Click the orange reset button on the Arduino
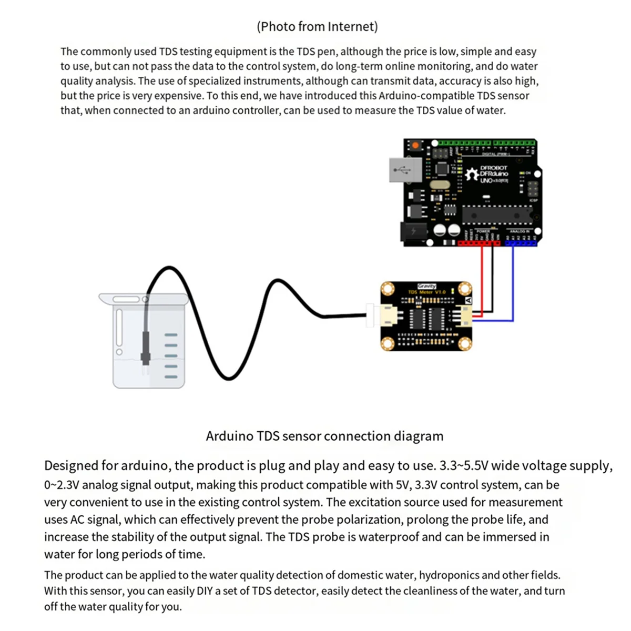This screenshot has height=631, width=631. [415, 145]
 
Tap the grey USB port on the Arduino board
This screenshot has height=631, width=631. [405, 170]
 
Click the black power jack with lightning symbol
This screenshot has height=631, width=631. [413, 231]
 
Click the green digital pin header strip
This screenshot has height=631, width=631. [486, 143]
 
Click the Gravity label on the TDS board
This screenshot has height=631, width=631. [426, 286]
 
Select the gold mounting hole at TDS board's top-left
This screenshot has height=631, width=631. [388, 289]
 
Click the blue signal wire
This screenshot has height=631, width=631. [513, 284]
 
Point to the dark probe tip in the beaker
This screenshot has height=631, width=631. [146, 358]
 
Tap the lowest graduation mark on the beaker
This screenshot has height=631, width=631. [171, 376]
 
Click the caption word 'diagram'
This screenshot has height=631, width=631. [420, 436]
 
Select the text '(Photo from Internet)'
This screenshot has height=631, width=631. [317, 26]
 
